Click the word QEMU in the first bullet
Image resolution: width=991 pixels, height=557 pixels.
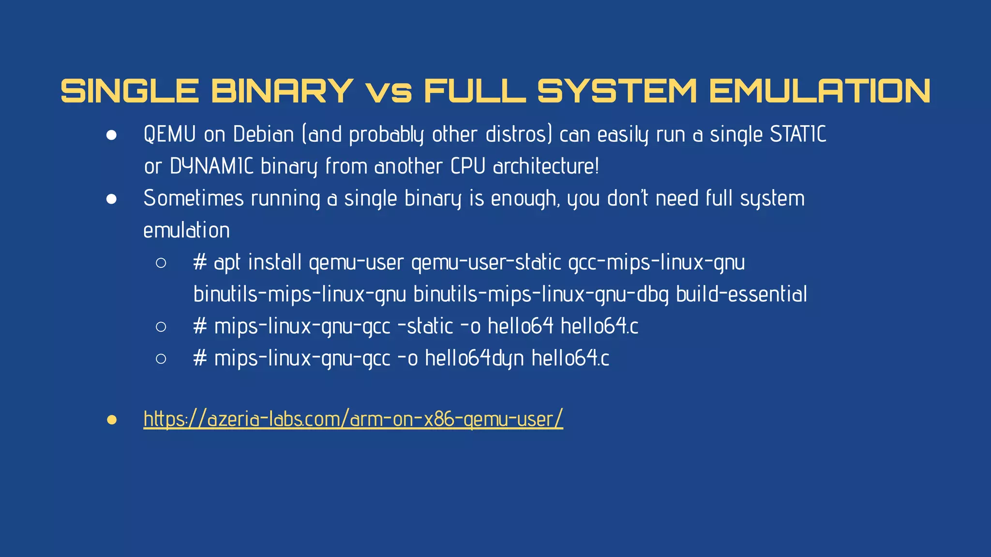point(169,134)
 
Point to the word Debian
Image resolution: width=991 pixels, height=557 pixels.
point(263,134)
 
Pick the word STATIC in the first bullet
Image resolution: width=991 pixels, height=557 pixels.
point(798,134)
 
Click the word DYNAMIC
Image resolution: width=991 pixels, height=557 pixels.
point(211,166)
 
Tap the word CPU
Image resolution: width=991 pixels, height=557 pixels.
point(468,166)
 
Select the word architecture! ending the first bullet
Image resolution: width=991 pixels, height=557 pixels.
point(546,166)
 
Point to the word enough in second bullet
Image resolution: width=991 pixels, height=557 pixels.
point(526,199)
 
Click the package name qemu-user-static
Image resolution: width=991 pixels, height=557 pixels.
point(486,263)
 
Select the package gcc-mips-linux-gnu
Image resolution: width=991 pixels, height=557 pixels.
point(657,263)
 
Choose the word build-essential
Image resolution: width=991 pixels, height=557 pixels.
point(741,294)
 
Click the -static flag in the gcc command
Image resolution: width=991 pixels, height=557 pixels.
point(425,326)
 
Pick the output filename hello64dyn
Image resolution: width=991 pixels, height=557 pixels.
point(474,358)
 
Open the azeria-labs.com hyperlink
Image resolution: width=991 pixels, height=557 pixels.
point(353,419)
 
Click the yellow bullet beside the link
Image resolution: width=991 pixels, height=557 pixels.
point(112,420)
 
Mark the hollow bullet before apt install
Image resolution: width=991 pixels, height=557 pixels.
point(161,263)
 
